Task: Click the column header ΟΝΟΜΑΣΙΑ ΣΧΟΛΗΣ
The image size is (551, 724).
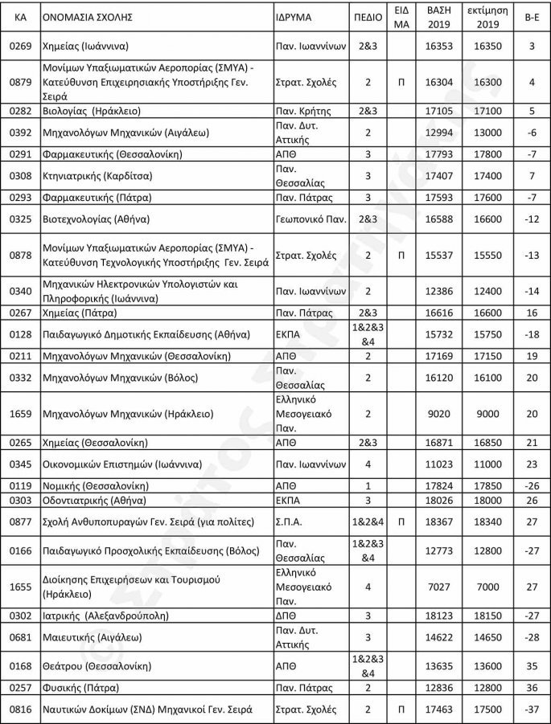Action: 87,16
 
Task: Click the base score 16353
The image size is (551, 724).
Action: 438,46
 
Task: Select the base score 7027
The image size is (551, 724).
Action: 438,587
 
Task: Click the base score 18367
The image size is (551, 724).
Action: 438,522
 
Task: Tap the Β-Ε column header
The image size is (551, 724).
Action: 532,16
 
